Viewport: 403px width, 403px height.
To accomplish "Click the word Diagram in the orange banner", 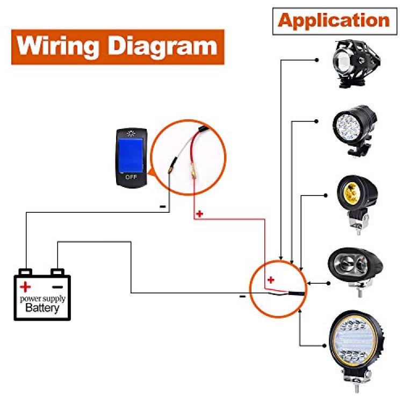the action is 162,46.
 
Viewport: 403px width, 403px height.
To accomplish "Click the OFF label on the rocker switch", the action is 131,177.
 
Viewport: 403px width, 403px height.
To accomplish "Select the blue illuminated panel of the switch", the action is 131,155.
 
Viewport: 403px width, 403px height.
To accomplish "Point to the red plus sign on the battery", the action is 25,287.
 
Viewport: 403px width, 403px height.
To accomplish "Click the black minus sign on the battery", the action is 57,287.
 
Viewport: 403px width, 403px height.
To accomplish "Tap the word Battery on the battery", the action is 42,308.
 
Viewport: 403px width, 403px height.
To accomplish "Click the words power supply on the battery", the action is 42,299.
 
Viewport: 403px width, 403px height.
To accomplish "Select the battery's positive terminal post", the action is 25,272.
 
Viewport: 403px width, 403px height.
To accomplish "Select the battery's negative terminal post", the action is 57,272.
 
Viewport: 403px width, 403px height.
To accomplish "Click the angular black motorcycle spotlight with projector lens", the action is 356,63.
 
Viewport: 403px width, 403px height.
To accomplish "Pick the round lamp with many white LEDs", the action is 355,129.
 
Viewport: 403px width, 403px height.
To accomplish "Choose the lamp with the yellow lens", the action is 357,203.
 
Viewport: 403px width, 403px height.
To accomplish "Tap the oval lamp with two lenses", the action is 356,269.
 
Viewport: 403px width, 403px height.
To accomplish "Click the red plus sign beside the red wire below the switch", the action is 199,213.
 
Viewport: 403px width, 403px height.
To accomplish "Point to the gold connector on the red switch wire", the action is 193,172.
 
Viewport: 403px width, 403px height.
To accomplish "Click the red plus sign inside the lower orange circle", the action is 271,279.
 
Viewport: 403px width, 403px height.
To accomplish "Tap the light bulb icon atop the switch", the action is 131,133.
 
